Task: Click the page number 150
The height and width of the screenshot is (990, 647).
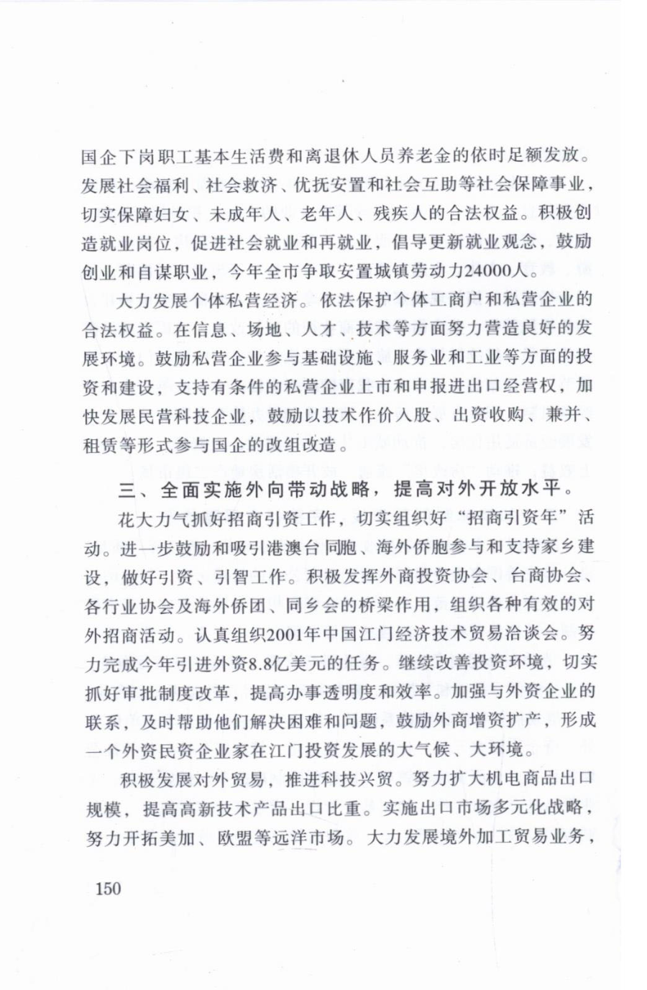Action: (x=109, y=889)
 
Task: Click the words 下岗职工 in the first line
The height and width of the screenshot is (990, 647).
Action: (x=149, y=156)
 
